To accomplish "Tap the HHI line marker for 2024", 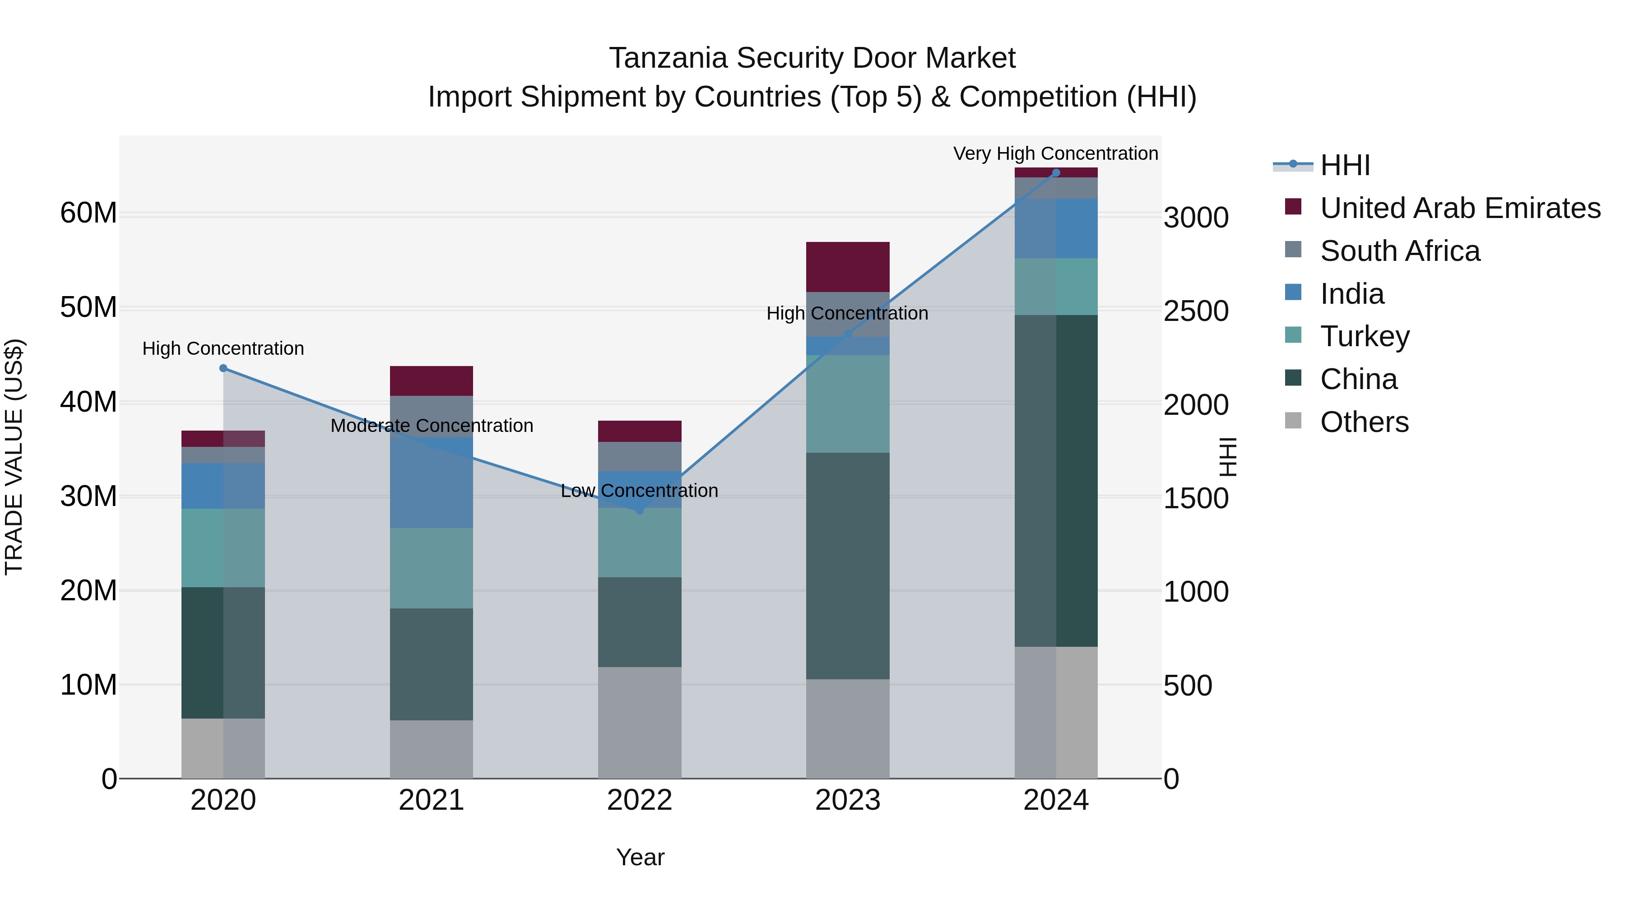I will coord(1056,173).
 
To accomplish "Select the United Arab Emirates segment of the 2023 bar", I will coord(848,267).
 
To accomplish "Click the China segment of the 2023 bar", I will coord(848,566).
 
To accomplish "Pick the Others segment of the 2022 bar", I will coord(640,723).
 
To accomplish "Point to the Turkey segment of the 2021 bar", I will coord(432,568).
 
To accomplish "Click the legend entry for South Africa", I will coord(1399,251).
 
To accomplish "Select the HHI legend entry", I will coord(1344,165).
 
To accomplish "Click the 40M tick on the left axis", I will coord(88,403).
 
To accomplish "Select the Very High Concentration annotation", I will coord(1055,154).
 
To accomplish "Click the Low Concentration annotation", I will coord(639,491).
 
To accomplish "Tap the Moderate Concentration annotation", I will coord(432,426).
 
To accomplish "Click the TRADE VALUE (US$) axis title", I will coord(14,457).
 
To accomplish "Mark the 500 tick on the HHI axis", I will coord(1187,686).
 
